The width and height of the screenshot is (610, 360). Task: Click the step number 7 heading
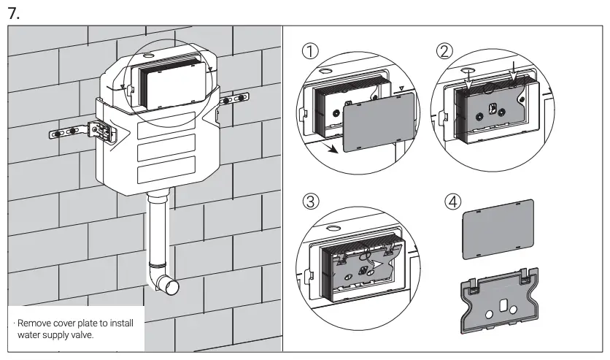pos(12,12)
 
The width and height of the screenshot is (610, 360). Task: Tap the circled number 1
pos(312,51)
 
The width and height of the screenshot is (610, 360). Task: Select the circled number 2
pos(444,51)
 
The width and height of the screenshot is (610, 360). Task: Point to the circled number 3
pos(312,201)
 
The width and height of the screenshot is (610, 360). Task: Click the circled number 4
pos(452,201)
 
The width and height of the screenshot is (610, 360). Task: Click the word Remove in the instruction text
pos(33,323)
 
